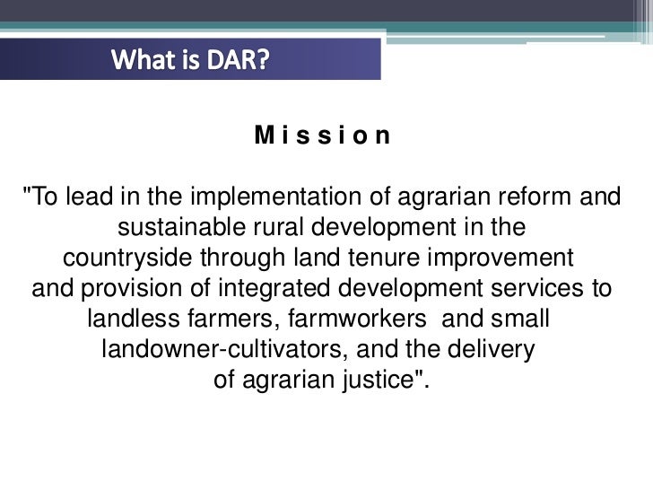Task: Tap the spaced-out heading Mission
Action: (x=323, y=136)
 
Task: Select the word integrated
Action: (x=255, y=289)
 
